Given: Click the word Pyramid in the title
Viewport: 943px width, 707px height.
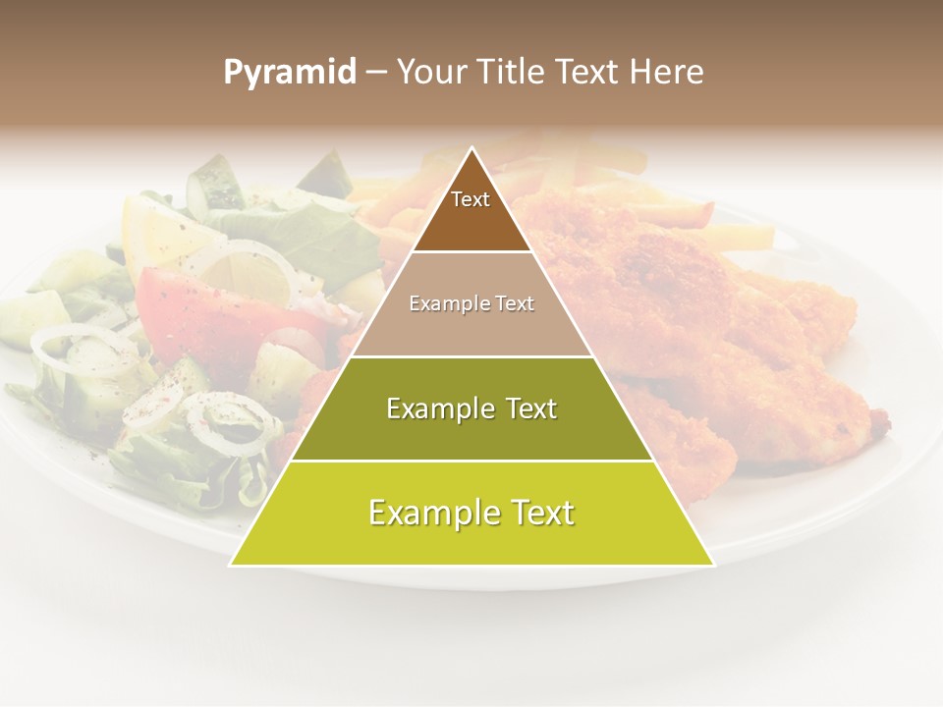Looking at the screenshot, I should [289, 73].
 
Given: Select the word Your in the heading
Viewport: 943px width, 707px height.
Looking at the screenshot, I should [431, 73].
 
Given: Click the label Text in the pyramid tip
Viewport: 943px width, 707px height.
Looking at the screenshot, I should [471, 199].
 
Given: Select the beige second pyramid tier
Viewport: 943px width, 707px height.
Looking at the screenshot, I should [471, 329].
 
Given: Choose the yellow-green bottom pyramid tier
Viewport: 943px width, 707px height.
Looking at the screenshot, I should [471, 540].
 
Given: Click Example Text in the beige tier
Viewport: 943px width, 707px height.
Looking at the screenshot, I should [471, 303].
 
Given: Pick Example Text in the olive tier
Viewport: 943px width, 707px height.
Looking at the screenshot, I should [471, 408].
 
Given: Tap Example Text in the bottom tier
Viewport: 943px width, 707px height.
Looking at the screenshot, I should [471, 513].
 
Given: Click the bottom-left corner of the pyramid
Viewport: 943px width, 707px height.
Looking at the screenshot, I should [232, 565].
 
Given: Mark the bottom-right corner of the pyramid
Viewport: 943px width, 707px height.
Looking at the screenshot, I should [713, 565].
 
